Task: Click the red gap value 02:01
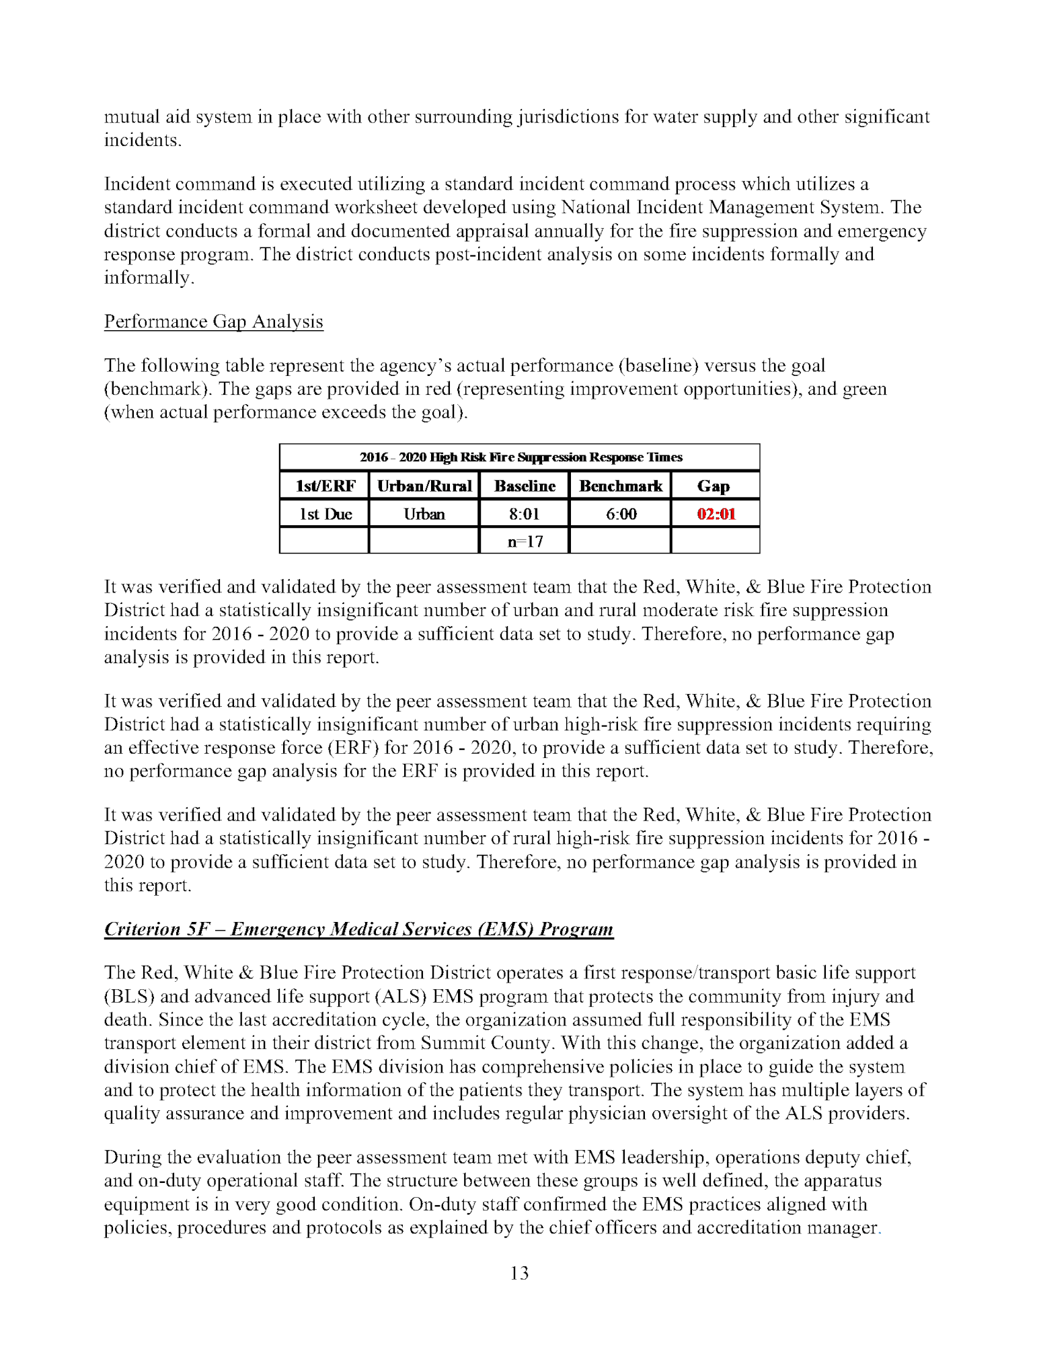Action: tap(716, 514)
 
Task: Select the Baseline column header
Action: tap(525, 486)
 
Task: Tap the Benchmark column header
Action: tap(621, 486)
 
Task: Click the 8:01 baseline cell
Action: tap(525, 514)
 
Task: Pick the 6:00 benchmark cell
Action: tap(621, 514)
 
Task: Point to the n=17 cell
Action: tap(525, 541)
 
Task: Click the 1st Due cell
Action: tap(325, 514)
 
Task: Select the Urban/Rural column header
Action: tap(424, 486)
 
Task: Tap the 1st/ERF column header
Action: tap(325, 486)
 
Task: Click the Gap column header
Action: tap(714, 486)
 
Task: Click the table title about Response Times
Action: tap(521, 457)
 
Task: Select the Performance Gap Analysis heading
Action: tap(213, 321)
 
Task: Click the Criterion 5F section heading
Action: tap(358, 929)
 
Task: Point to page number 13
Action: tap(519, 1273)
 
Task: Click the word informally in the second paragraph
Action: tap(148, 278)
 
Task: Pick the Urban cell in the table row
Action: tap(424, 514)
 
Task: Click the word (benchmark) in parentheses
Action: tap(155, 389)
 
